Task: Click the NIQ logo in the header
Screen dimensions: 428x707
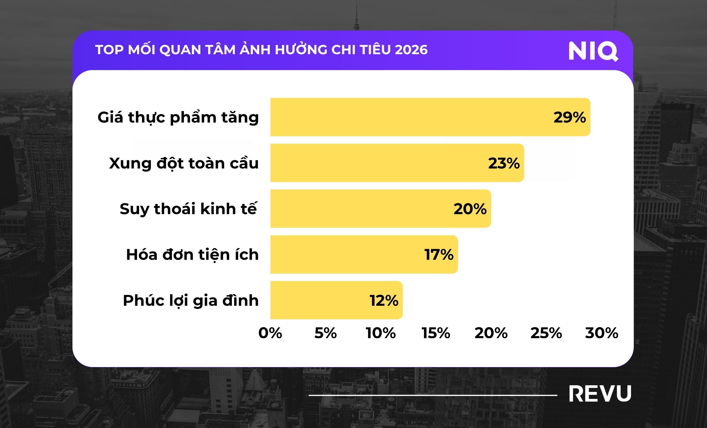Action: pos(593,51)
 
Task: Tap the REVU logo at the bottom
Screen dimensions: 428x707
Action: pos(600,394)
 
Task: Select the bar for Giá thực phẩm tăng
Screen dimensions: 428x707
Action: pos(412,117)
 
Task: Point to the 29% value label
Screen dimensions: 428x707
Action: pos(569,117)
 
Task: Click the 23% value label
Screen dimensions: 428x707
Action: pos(504,163)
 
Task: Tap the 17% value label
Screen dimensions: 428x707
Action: pos(439,255)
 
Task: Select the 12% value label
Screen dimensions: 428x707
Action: pos(384,301)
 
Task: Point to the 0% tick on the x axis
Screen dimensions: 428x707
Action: pos(270,333)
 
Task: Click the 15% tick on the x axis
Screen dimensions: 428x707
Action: pos(436,333)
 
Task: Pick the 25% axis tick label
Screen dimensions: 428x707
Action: pos(546,333)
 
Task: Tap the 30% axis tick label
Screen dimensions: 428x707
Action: pos(602,333)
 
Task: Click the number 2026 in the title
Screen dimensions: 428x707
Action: pos(411,50)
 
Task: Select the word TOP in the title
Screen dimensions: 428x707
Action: pos(109,50)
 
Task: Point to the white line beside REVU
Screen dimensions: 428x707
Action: pos(433,395)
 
